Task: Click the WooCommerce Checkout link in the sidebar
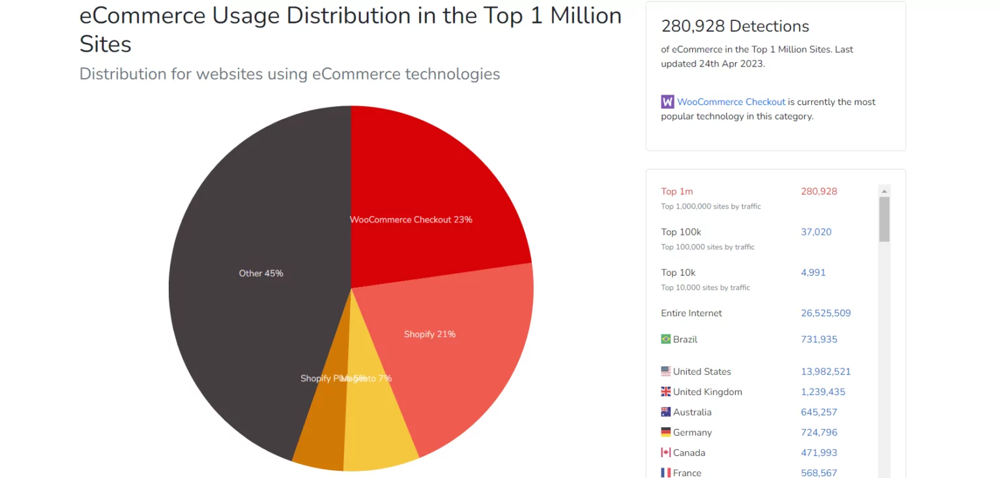(x=731, y=102)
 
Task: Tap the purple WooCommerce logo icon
(x=667, y=102)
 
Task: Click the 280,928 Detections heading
(x=735, y=26)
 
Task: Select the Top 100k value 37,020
(x=816, y=232)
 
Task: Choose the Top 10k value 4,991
(x=813, y=273)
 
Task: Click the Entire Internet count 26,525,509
(x=826, y=313)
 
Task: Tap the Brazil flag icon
(x=665, y=339)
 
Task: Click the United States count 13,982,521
(x=826, y=372)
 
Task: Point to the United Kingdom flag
(x=665, y=392)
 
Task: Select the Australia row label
(x=692, y=412)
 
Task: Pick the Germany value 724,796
(x=819, y=432)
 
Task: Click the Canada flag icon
(x=665, y=453)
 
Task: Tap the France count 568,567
(x=819, y=473)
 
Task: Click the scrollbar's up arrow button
(x=884, y=190)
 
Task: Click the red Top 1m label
(x=676, y=192)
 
